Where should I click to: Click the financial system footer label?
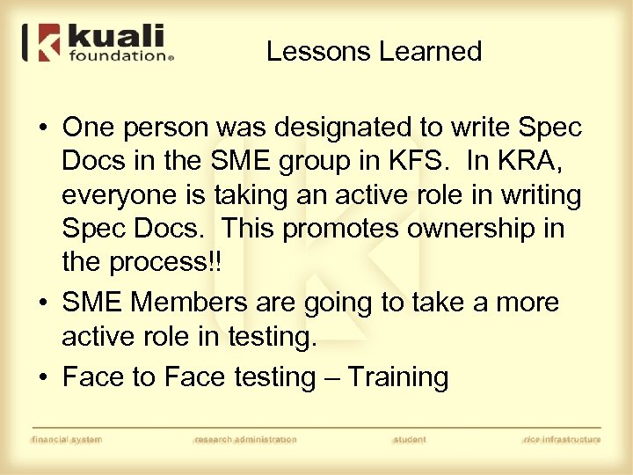(x=66, y=439)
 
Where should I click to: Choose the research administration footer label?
(x=245, y=439)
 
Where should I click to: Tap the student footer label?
(x=409, y=439)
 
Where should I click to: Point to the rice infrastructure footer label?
(x=562, y=439)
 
